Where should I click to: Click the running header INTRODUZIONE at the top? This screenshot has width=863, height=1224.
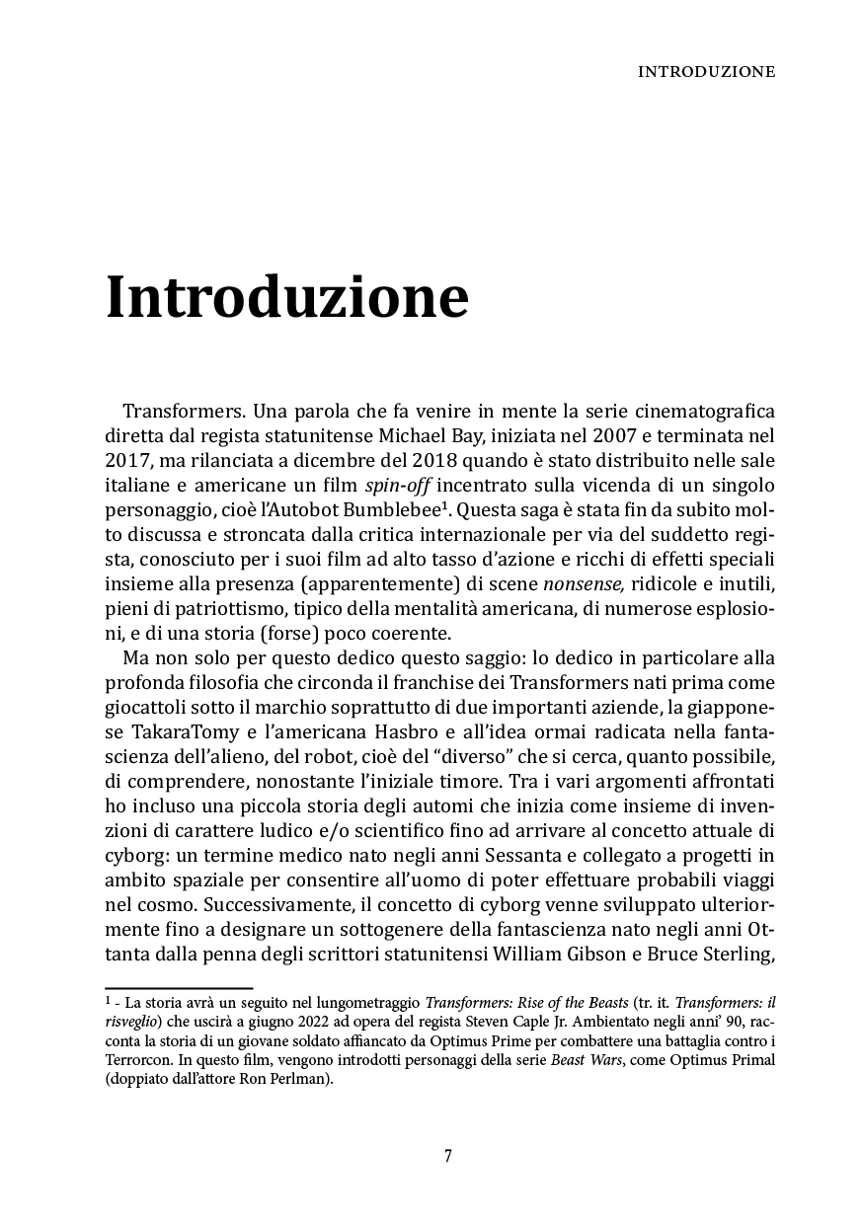point(706,72)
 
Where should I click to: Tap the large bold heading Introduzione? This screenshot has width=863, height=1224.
point(286,296)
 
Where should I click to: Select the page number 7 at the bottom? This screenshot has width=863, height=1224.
point(448,1156)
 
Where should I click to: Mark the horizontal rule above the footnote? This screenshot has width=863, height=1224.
point(179,988)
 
